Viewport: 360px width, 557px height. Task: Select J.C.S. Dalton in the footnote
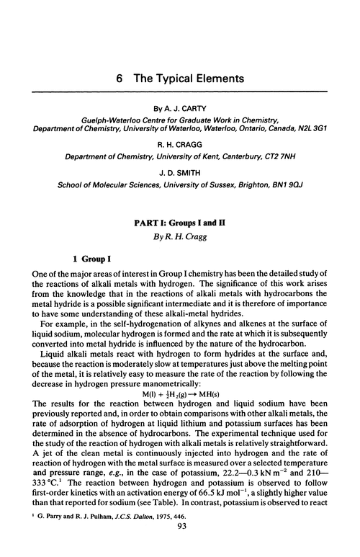[115, 515]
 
